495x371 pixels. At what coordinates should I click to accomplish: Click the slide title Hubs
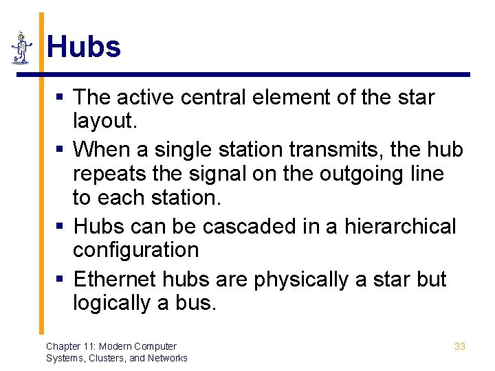point(84,47)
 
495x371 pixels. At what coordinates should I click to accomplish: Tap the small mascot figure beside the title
point(22,48)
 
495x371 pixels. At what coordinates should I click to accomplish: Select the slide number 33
point(460,346)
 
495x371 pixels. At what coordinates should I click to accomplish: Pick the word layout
point(105,122)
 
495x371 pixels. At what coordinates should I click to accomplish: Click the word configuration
point(135,250)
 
